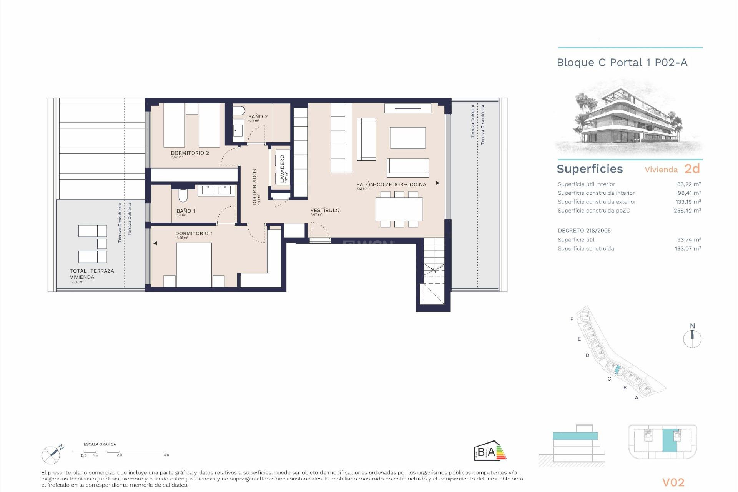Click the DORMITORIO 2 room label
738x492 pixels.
(x=190, y=153)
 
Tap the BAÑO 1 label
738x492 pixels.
(x=186, y=211)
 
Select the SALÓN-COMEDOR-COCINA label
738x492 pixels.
(x=391, y=184)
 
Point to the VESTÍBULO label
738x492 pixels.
(x=325, y=210)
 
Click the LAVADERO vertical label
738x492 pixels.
(x=282, y=168)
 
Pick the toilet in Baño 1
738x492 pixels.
(x=183, y=196)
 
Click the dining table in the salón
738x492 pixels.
(x=399, y=209)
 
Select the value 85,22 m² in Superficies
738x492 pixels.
(x=689, y=184)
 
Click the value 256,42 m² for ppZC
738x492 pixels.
(x=687, y=211)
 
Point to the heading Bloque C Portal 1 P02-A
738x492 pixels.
(x=622, y=63)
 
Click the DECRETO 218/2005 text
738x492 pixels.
(x=584, y=231)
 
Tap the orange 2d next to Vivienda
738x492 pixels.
(x=692, y=169)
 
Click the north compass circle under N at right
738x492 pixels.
(x=692, y=339)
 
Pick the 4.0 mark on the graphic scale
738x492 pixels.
(x=166, y=455)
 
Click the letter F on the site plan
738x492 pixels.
(x=572, y=319)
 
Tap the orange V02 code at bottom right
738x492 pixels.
(x=673, y=482)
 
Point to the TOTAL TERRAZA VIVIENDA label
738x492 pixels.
(x=92, y=274)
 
